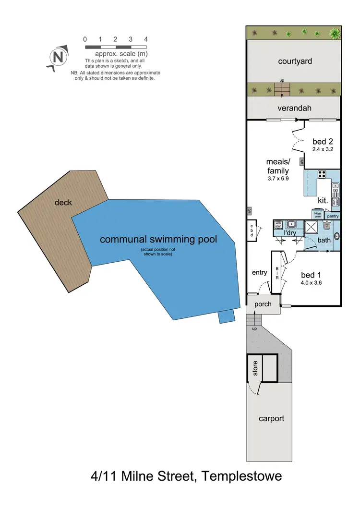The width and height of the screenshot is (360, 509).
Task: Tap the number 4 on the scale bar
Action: pos(145,39)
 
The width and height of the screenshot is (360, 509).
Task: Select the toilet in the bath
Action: pos(327,225)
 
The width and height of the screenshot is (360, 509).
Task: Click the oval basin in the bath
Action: pos(336,236)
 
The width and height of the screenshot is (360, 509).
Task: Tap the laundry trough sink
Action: pos(291,224)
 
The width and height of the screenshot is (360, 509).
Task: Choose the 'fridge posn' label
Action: pos(317,214)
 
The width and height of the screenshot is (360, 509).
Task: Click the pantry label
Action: pos(333,216)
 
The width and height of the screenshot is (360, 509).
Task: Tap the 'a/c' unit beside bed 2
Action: pos(302,161)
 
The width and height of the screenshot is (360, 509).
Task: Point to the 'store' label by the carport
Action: pos(255,368)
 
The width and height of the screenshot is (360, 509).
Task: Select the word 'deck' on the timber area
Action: pos(63,202)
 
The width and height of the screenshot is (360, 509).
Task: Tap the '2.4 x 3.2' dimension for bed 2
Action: pos(323,149)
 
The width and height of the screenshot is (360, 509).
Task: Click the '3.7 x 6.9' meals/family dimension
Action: pos(277,179)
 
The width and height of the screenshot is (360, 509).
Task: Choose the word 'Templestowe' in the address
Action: pos(241,477)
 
